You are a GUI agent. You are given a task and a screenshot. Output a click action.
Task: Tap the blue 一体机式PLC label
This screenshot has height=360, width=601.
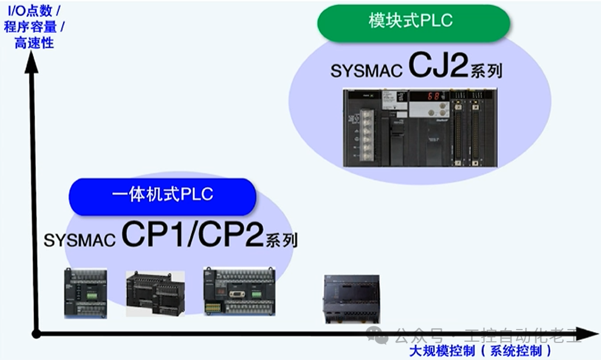(x=163, y=195)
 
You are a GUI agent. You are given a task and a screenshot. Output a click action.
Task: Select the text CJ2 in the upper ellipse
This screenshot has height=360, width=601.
(x=438, y=66)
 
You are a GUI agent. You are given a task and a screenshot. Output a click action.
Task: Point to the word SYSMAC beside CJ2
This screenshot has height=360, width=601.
(x=366, y=71)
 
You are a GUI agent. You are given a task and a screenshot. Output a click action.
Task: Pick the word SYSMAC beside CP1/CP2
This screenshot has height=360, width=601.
(x=80, y=240)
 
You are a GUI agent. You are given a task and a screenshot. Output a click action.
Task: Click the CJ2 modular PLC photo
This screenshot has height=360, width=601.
(x=420, y=128)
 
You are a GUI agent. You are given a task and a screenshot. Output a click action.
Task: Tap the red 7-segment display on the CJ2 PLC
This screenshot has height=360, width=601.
(x=433, y=96)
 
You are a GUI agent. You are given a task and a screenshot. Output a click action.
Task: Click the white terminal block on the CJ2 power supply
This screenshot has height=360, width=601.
(x=366, y=134)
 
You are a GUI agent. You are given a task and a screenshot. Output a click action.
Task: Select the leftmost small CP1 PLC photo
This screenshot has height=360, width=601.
(x=86, y=294)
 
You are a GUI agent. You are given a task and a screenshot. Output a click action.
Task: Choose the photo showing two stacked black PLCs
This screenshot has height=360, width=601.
(x=155, y=294)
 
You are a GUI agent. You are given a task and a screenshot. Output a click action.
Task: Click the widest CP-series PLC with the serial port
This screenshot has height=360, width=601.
(x=239, y=291)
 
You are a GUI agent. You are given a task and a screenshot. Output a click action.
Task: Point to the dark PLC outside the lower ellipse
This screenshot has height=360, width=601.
(x=352, y=299)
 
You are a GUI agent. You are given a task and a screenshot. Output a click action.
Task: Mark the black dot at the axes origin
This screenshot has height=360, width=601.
(x=36, y=333)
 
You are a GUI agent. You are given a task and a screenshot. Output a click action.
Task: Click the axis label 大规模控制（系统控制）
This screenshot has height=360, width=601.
(x=481, y=351)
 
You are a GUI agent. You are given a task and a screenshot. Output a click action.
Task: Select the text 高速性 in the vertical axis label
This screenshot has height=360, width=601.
(x=34, y=43)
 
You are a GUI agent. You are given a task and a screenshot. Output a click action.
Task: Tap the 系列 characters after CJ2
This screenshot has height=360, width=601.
(x=486, y=71)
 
